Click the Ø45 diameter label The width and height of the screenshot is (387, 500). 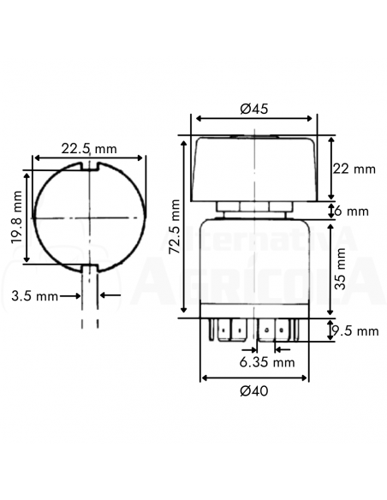(x=254, y=109)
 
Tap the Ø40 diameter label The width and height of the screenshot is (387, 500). (x=254, y=391)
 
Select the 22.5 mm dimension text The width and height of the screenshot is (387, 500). (x=89, y=149)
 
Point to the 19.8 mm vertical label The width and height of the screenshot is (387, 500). (x=16, y=217)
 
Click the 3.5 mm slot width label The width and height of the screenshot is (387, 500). (x=35, y=296)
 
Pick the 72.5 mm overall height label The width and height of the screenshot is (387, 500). (x=175, y=227)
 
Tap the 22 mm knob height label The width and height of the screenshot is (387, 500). (x=354, y=169)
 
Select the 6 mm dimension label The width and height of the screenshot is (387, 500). (x=351, y=211)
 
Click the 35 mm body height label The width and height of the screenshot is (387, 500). (x=341, y=269)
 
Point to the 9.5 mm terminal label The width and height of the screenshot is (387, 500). (x=354, y=331)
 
